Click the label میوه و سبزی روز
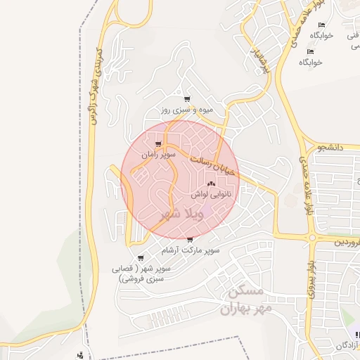click(186, 111)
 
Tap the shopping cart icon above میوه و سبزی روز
click(186, 100)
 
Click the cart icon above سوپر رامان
click(157, 145)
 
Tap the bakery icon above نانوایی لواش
click(212, 184)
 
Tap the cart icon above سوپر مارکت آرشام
click(190, 240)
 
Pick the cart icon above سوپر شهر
click(141, 258)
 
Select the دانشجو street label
click(329, 148)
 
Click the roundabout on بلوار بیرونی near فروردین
click(311, 238)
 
